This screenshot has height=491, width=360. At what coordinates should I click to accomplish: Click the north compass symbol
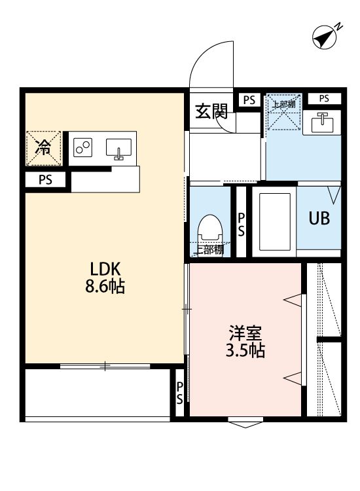[325, 37]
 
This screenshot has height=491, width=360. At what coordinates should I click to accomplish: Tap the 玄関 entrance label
[211, 111]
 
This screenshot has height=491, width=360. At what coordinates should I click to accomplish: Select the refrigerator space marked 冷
[43, 148]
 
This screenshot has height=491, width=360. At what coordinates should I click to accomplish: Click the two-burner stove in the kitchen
[83, 147]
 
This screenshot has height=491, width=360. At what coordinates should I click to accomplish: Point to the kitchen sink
[118, 149]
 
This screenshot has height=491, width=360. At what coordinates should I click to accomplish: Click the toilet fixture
[210, 231]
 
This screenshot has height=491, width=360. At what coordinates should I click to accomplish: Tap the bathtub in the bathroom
[275, 222]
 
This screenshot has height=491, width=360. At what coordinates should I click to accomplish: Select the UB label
[319, 218]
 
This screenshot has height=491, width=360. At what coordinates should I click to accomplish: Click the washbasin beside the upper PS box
[321, 122]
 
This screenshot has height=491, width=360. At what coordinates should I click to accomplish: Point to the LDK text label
[105, 268]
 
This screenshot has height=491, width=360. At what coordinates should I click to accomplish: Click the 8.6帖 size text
[105, 285]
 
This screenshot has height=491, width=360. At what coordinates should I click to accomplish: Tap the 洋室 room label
[245, 333]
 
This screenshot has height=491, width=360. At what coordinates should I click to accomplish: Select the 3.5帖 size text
[245, 350]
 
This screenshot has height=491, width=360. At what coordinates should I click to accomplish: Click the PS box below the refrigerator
[45, 180]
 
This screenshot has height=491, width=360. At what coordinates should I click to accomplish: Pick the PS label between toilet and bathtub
[241, 225]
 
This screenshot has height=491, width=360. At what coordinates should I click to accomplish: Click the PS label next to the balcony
[179, 393]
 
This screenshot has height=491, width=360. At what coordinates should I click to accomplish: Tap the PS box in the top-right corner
[324, 99]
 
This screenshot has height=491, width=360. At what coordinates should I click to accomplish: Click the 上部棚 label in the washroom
[283, 104]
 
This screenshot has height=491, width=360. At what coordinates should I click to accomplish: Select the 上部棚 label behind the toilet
[209, 249]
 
